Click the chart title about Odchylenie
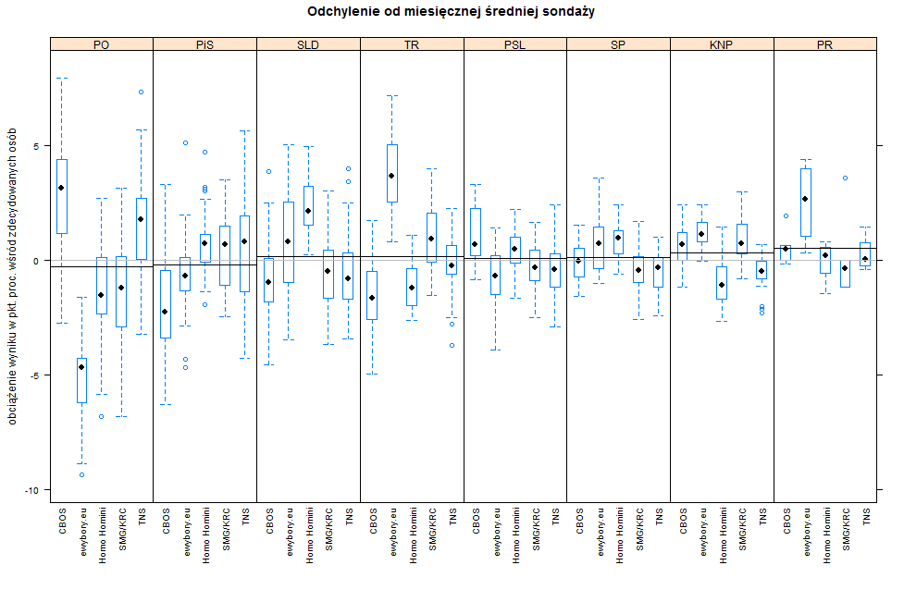tap(452, 12)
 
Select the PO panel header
tap(101, 43)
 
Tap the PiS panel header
tap(204, 43)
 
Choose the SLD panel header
tap(308, 43)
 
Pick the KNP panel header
tap(721, 43)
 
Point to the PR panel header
tap(824, 43)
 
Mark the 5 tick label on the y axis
tap(36, 146)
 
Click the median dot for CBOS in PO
tap(61, 188)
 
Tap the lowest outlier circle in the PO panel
tap(81, 474)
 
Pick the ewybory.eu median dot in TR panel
tap(391, 176)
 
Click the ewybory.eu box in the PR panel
tap(806, 202)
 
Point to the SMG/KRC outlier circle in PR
tap(845, 178)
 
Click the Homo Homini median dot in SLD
tap(308, 211)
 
